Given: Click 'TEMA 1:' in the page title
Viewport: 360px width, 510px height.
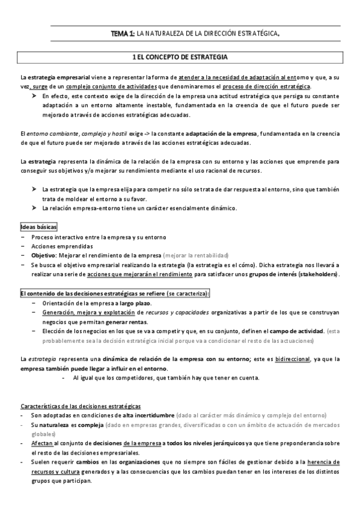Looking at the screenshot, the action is point(123,34).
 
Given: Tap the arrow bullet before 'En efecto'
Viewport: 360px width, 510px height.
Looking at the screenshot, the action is point(35,96).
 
